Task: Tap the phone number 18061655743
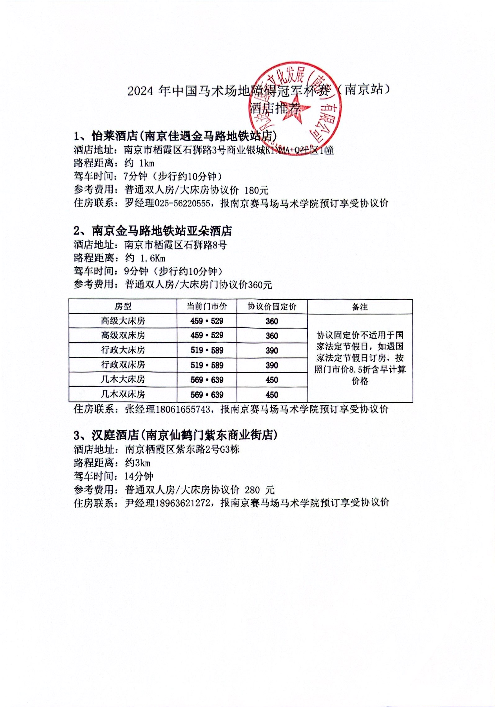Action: coord(183,409)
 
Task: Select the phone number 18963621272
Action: coord(183,503)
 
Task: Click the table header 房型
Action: coord(123,307)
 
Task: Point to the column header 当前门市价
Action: coord(207,307)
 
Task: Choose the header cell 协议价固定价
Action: coord(272,307)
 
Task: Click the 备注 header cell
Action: coord(360,307)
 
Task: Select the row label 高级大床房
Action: coord(123,321)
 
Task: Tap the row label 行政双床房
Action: coord(123,365)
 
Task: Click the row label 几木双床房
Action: coord(123,394)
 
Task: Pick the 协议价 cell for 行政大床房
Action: coord(272,350)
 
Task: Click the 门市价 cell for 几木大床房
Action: coord(207,380)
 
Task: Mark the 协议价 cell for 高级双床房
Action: coord(272,336)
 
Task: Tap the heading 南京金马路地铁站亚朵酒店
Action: coord(162,231)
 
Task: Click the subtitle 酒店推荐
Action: coord(276,109)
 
